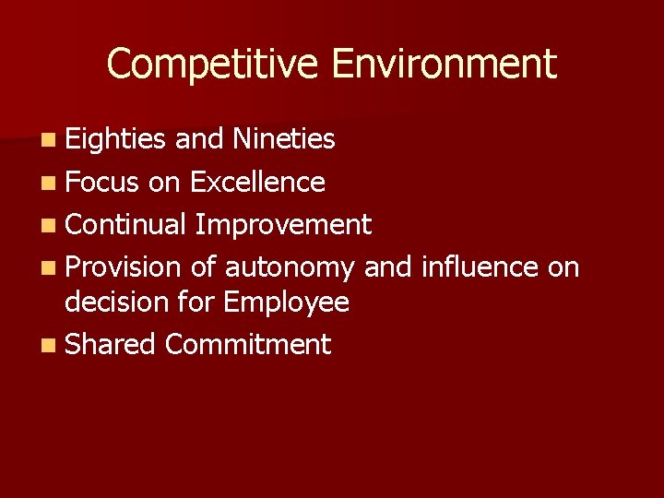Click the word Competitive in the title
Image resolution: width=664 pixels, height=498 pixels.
212,65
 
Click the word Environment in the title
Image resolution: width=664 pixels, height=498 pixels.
444,65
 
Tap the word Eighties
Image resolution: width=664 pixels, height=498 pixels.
115,139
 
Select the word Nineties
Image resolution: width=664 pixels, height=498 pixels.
284,139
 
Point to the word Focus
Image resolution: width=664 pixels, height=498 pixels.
101,183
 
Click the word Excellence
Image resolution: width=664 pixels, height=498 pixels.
257,183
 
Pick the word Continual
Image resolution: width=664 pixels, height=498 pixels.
126,224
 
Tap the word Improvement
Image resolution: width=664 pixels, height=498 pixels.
283,224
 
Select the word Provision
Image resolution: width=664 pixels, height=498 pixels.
124,267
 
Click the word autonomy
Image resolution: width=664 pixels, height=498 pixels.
290,267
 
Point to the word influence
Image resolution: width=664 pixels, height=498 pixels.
478,267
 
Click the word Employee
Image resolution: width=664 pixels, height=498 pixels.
286,302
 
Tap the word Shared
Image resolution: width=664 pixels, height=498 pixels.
111,345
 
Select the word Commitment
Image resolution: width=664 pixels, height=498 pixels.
247,345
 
